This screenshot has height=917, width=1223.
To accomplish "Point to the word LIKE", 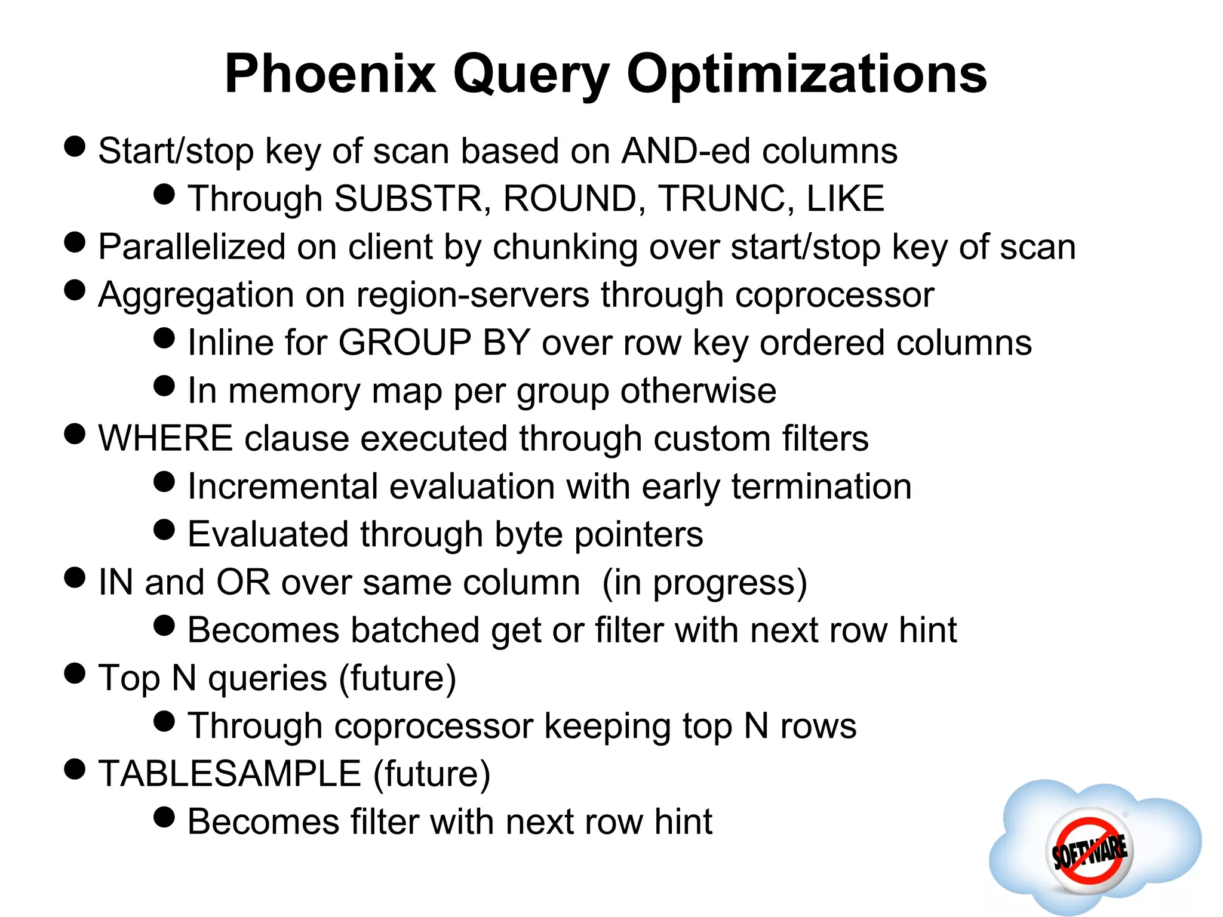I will coord(844,199).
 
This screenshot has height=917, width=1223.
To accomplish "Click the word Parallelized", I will coord(192,247).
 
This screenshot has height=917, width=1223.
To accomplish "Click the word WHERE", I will coord(165,439).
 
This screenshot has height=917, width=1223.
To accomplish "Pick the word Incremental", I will coord(282,487).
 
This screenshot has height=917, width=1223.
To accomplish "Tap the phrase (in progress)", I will coord(705,583).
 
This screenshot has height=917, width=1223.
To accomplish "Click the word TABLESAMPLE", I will coord(230,774).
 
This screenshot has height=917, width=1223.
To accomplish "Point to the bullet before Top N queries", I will coord(75,673).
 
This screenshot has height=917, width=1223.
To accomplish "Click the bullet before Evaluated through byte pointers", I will coord(164,530).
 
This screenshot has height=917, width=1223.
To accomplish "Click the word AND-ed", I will coord(686,151).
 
